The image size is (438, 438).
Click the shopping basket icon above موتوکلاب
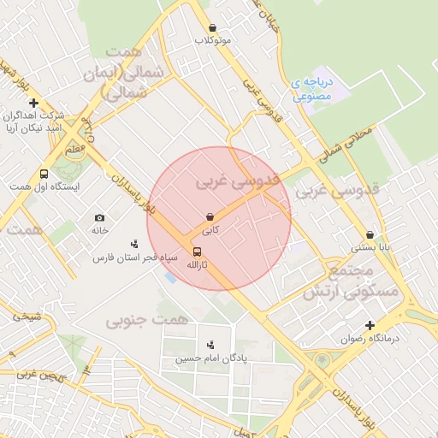(x=212, y=28)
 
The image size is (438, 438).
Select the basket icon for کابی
(x=210, y=216)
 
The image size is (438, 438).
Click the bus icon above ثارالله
(x=198, y=252)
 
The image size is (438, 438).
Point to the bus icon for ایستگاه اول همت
(x=44, y=174)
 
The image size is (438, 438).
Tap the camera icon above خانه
(x=100, y=218)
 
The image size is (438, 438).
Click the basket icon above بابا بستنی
(x=370, y=234)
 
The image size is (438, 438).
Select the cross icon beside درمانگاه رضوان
(x=370, y=325)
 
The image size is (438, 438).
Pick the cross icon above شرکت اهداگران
(x=33, y=103)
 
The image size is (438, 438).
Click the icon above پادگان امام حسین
(x=210, y=345)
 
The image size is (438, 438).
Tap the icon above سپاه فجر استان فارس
(x=134, y=244)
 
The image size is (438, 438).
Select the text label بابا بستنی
(x=370, y=248)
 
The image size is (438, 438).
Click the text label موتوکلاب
(x=213, y=40)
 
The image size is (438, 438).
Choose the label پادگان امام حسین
(x=210, y=358)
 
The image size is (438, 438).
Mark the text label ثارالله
(x=198, y=265)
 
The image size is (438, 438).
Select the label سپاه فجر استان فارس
(x=135, y=257)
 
